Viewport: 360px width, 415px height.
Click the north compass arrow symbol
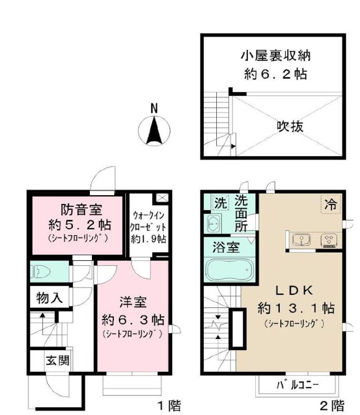[154, 130]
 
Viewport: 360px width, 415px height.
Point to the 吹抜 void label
[290, 126]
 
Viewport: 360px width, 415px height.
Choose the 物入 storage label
[50, 298]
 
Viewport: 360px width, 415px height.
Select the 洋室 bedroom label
[133, 303]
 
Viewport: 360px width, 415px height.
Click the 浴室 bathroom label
[225, 248]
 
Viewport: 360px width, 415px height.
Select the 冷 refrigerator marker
[331, 205]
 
